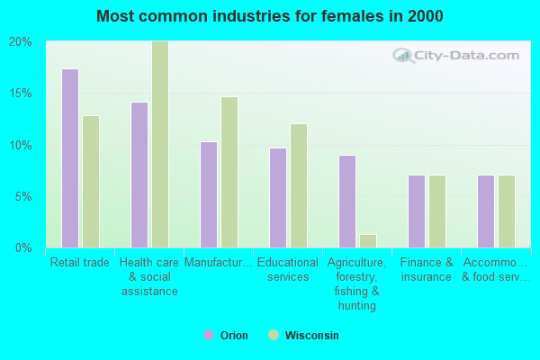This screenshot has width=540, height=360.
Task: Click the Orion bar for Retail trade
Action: [x=70, y=158]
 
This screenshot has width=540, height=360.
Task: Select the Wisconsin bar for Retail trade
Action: [x=91, y=182]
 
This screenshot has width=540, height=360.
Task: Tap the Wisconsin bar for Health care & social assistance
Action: [x=160, y=144]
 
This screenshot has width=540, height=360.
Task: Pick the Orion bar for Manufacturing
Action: [x=209, y=194]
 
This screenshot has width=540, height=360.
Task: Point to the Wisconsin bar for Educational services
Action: [x=299, y=185]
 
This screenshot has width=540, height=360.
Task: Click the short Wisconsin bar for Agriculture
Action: [x=368, y=241]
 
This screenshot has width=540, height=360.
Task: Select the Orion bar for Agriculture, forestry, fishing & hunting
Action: [x=347, y=202]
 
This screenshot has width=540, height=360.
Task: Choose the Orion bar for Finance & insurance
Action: [x=417, y=211]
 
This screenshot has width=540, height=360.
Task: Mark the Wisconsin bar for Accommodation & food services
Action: [x=507, y=211]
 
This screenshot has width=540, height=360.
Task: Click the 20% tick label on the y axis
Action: [x=21, y=42]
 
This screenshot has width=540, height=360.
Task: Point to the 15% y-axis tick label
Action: [x=21, y=94]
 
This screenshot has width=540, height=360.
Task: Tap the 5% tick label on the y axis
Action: [x=23, y=197]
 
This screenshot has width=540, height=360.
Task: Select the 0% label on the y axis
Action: [x=23, y=247]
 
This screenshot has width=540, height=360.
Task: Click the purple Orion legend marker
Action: [x=209, y=335]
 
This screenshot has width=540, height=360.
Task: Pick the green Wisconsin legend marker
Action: [x=274, y=335]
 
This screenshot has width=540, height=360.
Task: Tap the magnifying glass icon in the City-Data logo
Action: [x=403, y=56]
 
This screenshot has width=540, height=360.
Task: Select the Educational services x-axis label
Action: [x=288, y=269]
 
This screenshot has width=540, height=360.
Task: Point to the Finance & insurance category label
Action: [x=427, y=269]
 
